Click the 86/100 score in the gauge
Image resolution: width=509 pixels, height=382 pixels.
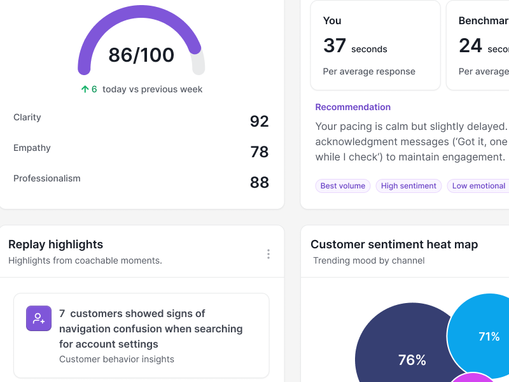tap(141, 55)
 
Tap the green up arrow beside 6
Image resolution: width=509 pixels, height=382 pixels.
tap(85, 89)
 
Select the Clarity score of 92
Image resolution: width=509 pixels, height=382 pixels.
tap(259, 121)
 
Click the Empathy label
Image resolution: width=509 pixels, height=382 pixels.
tap(32, 148)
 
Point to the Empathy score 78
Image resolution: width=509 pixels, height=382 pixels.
tap(259, 152)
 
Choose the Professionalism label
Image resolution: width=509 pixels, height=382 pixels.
tap(47, 178)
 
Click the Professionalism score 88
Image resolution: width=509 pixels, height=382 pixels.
tap(259, 182)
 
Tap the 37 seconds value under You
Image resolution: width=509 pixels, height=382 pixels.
tap(355, 46)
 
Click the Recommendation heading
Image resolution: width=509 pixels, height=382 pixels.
tap(353, 107)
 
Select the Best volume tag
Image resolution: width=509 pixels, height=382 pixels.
tap(343, 186)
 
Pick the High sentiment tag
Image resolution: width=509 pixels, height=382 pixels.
tap(408, 186)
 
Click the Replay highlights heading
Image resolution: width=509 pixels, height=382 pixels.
tap(55, 244)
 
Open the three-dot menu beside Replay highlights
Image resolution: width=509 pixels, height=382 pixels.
tap(268, 254)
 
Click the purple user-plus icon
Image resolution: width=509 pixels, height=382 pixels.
tap(39, 318)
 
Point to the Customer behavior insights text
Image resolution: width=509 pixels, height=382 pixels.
tap(116, 359)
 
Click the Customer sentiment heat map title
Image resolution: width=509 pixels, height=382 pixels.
tap(394, 244)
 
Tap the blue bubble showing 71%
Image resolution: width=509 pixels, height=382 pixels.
tap(487, 336)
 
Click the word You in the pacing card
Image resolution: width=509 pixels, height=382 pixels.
tap(332, 20)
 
